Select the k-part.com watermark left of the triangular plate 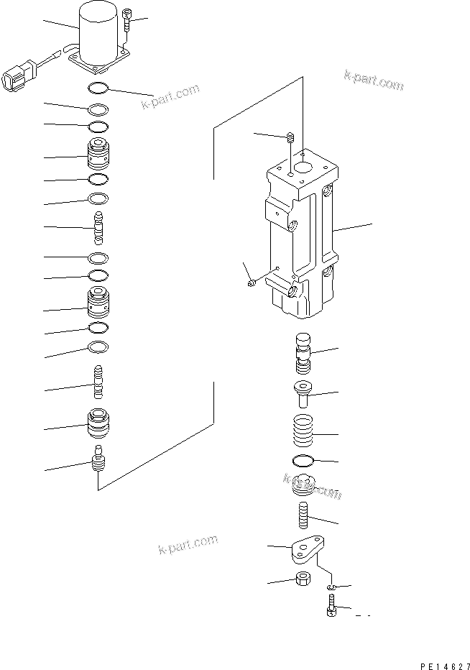coord(187,546)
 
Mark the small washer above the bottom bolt coord(330,588)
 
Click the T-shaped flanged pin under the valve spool coord(305,393)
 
